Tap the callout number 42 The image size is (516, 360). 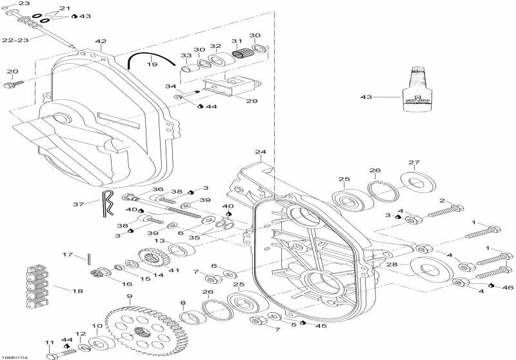(101, 42)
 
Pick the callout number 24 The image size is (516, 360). (259, 153)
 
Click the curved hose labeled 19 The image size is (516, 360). (151, 56)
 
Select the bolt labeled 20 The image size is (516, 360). (12, 83)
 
